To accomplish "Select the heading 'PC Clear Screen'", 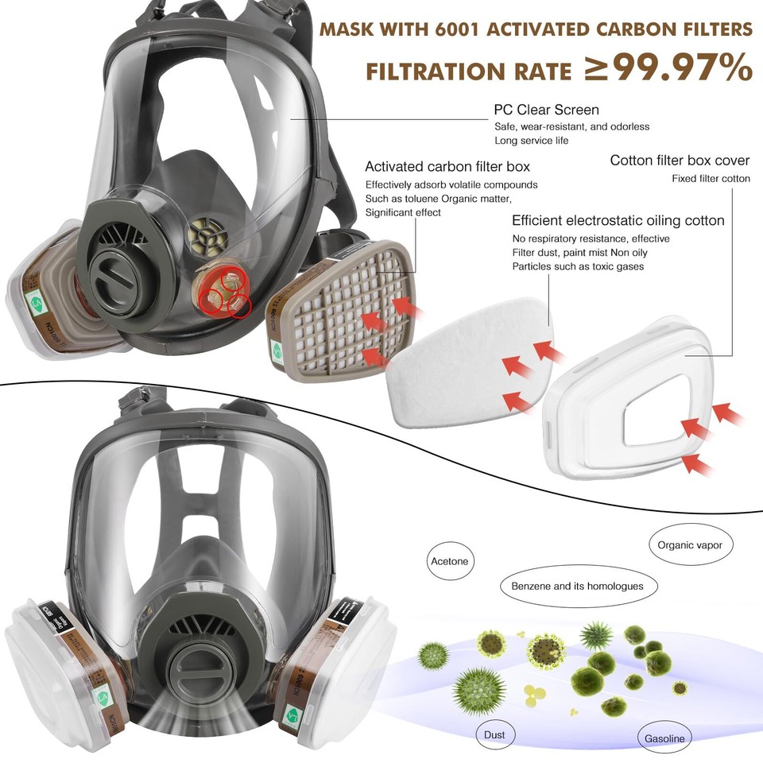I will [x=546, y=110].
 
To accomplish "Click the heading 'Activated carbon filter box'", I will [x=447, y=167].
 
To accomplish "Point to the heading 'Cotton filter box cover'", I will [x=680, y=161].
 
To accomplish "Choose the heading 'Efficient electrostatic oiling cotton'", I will [x=618, y=220].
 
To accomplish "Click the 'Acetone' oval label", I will [x=450, y=561].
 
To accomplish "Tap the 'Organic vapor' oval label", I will [x=689, y=546].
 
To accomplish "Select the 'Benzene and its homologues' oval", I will [x=571, y=587].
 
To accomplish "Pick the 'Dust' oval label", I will [x=494, y=734].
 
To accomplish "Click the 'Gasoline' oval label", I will [x=664, y=738].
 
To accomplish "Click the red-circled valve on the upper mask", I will [x=226, y=290].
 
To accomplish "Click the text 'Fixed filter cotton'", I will [x=711, y=179].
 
